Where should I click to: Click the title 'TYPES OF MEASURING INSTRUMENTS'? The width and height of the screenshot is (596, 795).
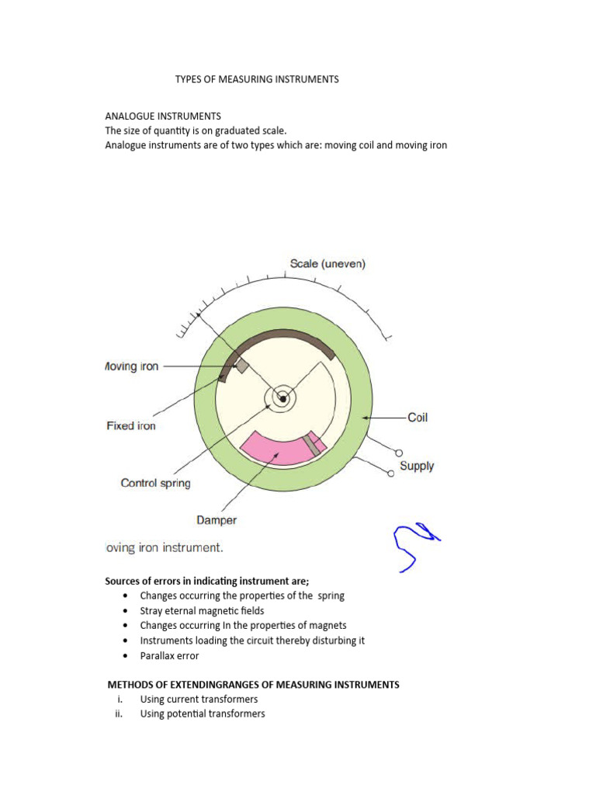(x=257, y=79)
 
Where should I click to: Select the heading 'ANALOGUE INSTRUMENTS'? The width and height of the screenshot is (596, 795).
(x=163, y=116)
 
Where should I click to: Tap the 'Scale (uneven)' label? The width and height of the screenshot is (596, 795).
(x=327, y=263)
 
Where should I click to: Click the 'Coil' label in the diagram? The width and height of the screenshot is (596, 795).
(x=418, y=418)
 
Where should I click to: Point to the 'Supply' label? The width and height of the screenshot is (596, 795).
(x=417, y=466)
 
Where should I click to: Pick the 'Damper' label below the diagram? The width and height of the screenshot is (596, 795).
(x=217, y=520)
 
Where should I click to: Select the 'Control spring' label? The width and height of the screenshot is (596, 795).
(x=155, y=483)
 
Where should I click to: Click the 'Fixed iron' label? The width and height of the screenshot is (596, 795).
(x=131, y=425)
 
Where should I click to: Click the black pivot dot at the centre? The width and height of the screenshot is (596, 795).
(x=283, y=399)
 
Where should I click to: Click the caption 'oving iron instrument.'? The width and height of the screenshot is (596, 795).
(x=164, y=547)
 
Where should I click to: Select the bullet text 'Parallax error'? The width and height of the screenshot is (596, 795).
(x=169, y=656)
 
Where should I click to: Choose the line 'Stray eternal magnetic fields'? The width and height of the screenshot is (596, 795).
(x=202, y=611)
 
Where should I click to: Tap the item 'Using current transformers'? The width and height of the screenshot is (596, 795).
(x=199, y=700)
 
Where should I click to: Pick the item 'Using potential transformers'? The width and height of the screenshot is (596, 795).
(x=203, y=714)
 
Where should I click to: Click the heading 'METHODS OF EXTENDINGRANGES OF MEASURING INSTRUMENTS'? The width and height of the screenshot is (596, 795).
(x=253, y=685)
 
